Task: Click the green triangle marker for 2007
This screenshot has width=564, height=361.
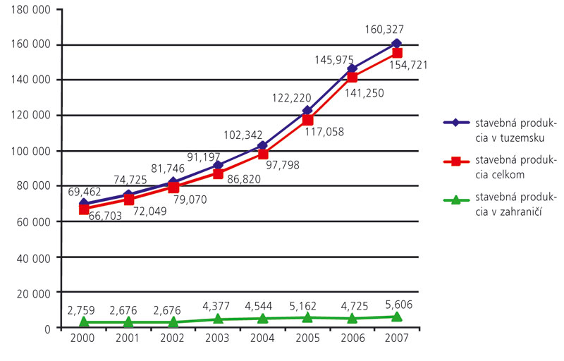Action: coord(397,317)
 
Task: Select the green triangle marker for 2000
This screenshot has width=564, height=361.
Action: coord(84,322)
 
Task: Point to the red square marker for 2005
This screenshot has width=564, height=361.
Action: coord(307,120)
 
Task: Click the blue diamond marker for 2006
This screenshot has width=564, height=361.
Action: coord(352,69)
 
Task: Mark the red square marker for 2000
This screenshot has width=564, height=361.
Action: coord(84,209)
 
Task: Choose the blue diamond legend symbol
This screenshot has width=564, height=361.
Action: coord(455,122)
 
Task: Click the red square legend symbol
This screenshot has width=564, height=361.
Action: coord(455,161)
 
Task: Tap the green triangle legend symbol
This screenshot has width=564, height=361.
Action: coord(455,200)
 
